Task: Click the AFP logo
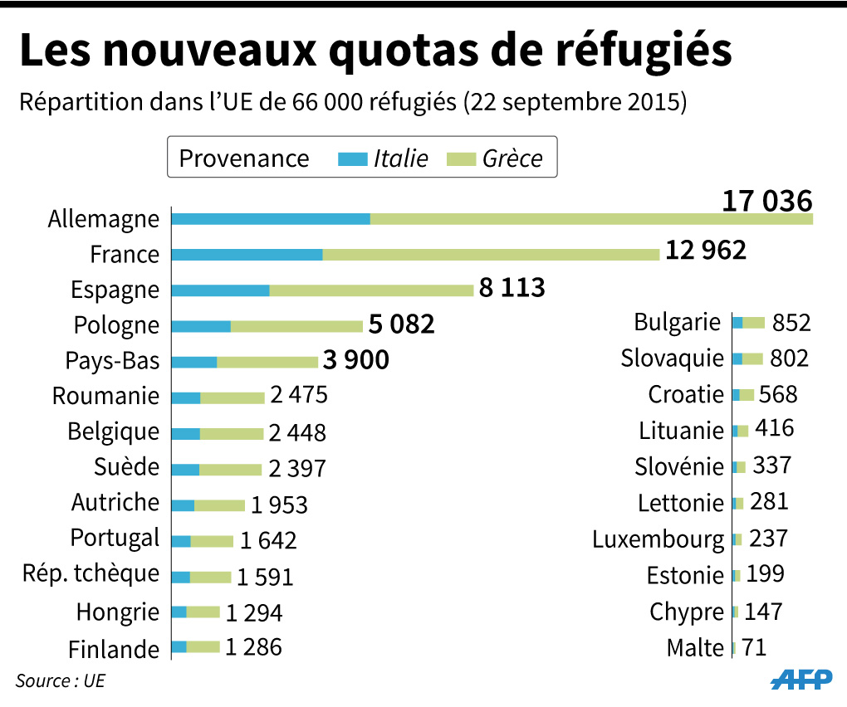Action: (x=801, y=679)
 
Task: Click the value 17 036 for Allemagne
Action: (x=766, y=202)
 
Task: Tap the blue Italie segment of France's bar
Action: (x=247, y=255)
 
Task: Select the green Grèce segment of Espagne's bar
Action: (x=371, y=290)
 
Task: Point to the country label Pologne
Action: (x=116, y=325)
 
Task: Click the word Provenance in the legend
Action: (x=244, y=158)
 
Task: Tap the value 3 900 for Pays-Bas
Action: (x=356, y=361)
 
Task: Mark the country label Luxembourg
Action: (x=658, y=539)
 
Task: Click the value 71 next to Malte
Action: (x=753, y=646)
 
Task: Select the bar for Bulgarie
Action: (x=748, y=323)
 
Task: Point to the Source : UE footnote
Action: (x=61, y=680)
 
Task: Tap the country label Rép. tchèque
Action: (x=91, y=573)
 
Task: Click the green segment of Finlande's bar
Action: (x=203, y=646)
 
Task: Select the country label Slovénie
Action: (x=679, y=466)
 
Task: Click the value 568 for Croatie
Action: (x=778, y=393)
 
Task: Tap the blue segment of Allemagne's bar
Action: (x=271, y=219)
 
